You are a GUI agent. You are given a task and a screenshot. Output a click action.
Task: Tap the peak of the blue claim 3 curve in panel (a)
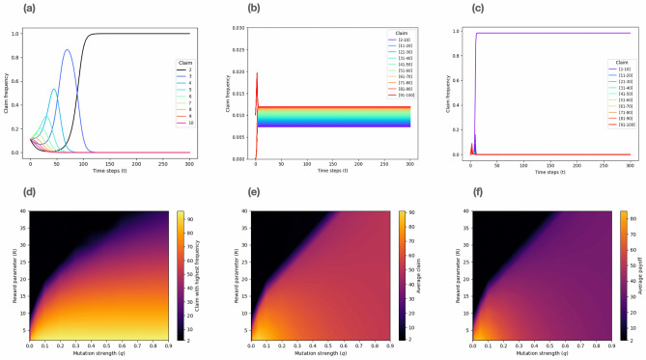pos(68,50)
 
